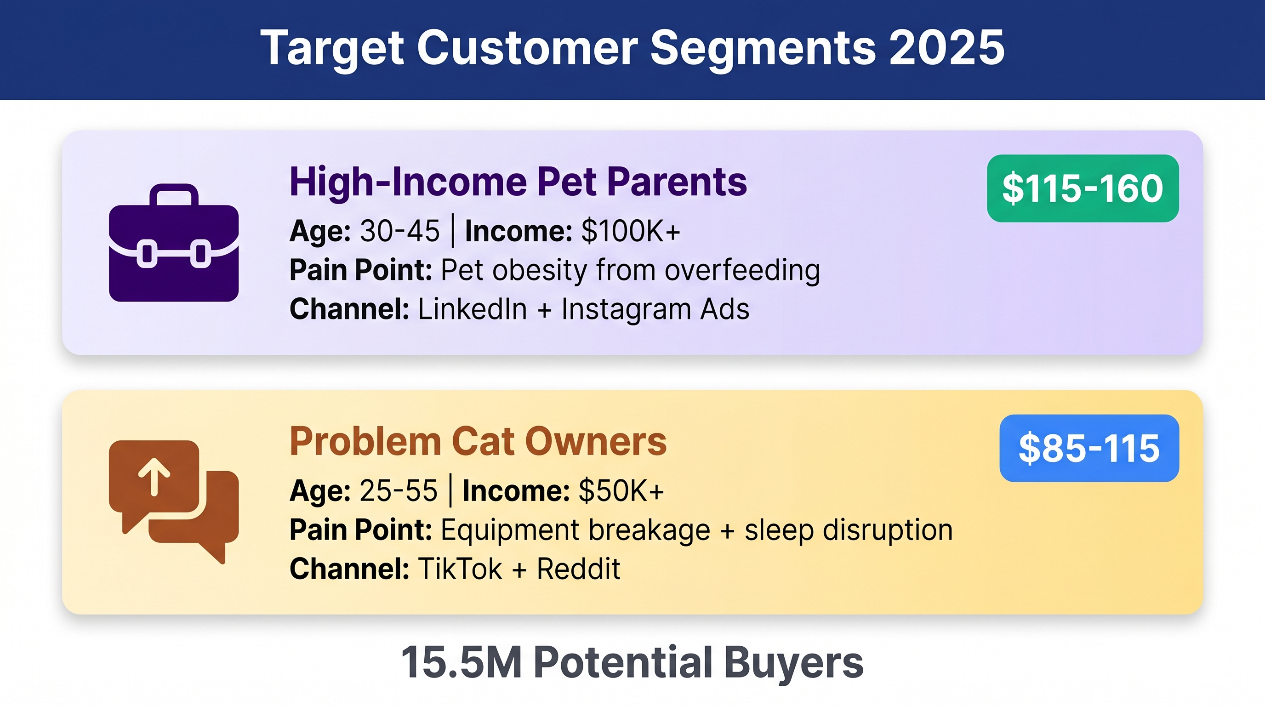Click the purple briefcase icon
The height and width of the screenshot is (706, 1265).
(x=174, y=243)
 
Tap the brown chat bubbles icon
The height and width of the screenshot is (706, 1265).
(x=174, y=502)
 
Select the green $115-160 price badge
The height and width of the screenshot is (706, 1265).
(x=1083, y=188)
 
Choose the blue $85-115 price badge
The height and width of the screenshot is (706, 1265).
(x=1089, y=448)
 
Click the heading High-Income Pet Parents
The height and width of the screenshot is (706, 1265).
(x=518, y=182)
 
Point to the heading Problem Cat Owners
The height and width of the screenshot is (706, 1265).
(x=478, y=441)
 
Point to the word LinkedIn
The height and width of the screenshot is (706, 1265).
(x=473, y=309)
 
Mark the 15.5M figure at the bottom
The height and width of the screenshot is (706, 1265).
(x=461, y=662)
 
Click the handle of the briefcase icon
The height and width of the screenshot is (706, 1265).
(x=174, y=194)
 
